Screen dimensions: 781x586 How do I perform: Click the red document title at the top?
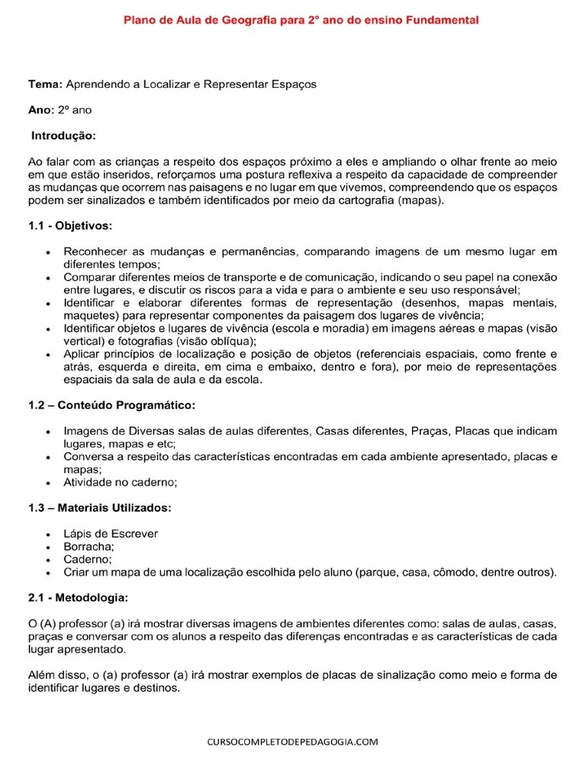pyautogui.click(x=301, y=21)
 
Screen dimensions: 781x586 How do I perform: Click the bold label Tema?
pyautogui.click(x=46, y=84)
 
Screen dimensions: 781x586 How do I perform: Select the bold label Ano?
pyautogui.click(x=41, y=110)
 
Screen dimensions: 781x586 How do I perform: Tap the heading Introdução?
pyautogui.click(x=63, y=136)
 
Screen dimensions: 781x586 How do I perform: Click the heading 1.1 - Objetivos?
pyautogui.click(x=70, y=227)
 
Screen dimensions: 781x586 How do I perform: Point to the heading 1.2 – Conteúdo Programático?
pyautogui.click(x=112, y=404)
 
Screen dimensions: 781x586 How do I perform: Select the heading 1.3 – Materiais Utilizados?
pyautogui.click(x=100, y=507)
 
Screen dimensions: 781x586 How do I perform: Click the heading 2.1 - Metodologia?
pyautogui.click(x=79, y=597)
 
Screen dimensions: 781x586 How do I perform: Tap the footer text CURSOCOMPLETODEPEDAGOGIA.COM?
pyautogui.click(x=293, y=741)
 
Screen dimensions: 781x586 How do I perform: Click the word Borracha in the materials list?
pyautogui.click(x=88, y=547)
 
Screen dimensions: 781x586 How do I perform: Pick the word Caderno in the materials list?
pyautogui.click(x=86, y=560)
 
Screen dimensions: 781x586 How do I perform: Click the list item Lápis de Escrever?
pyautogui.click(x=111, y=534)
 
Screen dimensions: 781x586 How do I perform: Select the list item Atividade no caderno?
pyautogui.click(x=120, y=482)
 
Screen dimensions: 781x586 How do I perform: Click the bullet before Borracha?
pyautogui.click(x=48, y=547)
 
